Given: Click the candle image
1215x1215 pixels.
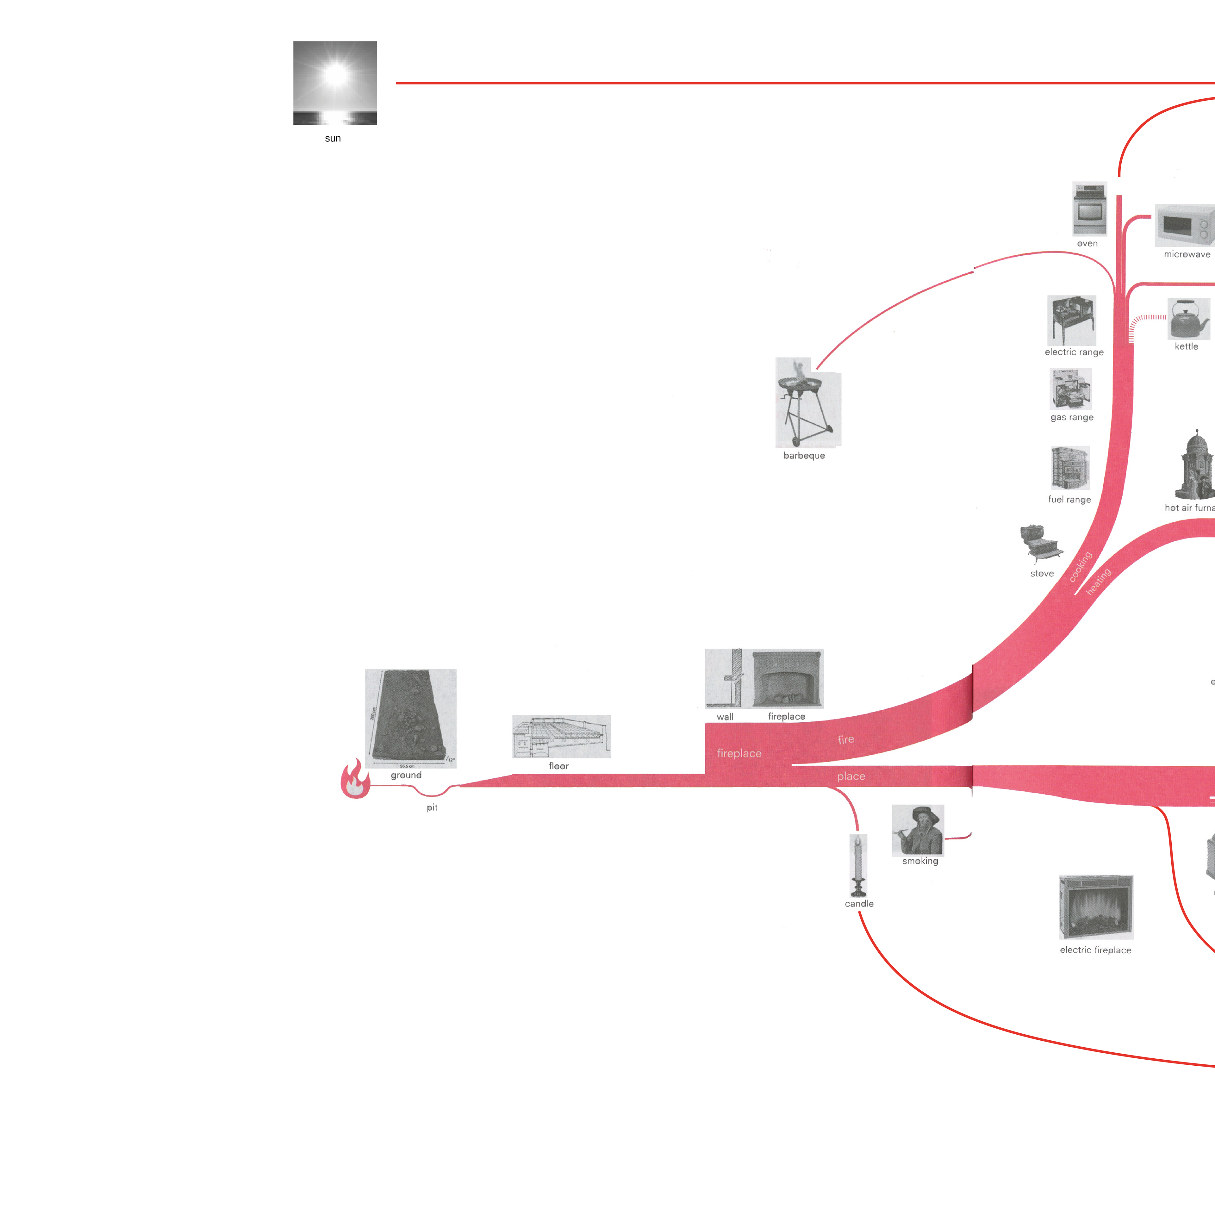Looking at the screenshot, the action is tap(858, 865).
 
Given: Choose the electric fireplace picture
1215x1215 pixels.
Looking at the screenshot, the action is tap(1096, 906).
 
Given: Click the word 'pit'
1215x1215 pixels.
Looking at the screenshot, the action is tap(432, 807).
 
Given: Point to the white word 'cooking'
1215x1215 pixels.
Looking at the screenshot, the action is tap(1081, 567).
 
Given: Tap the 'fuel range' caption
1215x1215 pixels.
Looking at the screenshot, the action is tap(1069, 499).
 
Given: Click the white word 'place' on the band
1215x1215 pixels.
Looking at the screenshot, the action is tap(851, 777).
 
